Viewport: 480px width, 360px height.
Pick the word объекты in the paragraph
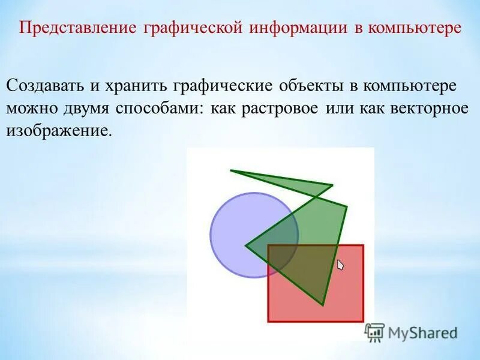[x=311, y=85]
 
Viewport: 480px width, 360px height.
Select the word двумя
[x=89, y=109]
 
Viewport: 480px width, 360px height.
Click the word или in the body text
[x=340, y=109]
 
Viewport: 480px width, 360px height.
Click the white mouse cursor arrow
[x=340, y=265]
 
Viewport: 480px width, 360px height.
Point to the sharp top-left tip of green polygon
[x=232, y=171]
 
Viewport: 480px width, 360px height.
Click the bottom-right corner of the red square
[x=363, y=321]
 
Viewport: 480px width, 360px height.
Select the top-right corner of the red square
[x=363, y=245]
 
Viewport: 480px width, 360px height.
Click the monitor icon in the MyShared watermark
[x=374, y=332]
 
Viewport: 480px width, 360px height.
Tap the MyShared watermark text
[x=422, y=332]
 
